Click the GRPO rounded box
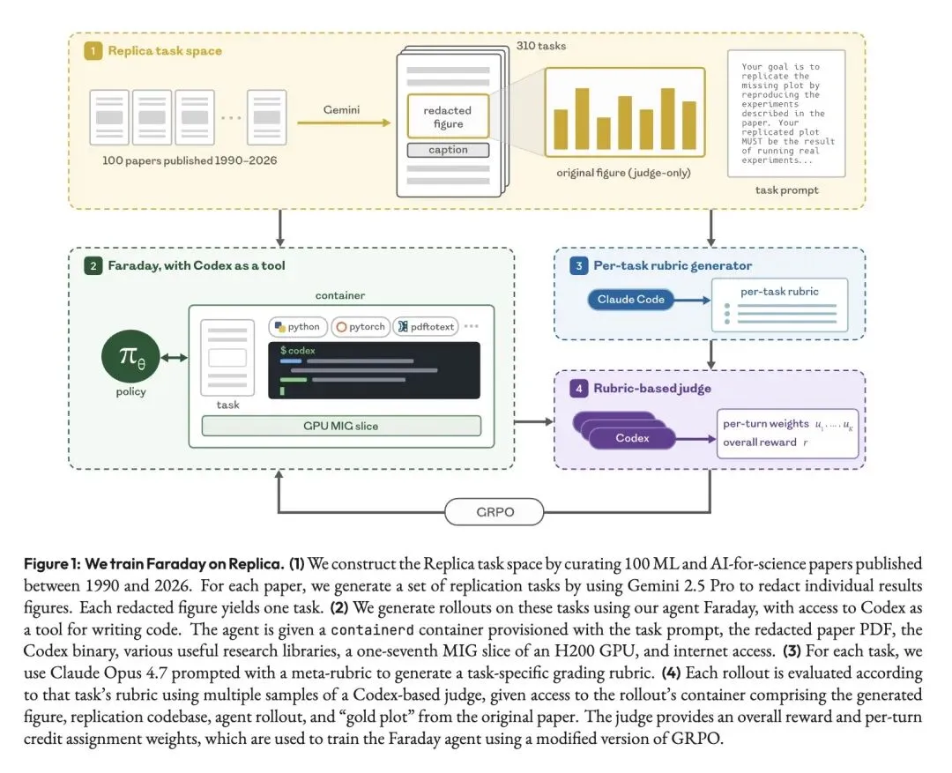tap(494, 512)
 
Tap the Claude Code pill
tap(630, 300)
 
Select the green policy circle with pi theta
tap(130, 357)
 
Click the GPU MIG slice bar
tap(341, 426)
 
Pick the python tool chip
tap(298, 327)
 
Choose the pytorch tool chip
tap(361, 327)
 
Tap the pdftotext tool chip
tap(426, 327)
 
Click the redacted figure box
tap(448, 116)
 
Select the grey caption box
tap(448, 150)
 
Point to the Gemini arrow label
tap(341, 110)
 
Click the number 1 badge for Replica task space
tap(93, 51)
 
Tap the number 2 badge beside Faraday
tap(93, 265)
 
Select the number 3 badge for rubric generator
tap(578, 265)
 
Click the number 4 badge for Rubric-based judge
tap(578, 388)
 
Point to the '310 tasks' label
tap(541, 46)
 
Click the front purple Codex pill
tap(632, 438)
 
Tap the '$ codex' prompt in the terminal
tap(298, 351)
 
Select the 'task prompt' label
tap(786, 190)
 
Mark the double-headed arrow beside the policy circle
tap(175, 358)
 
